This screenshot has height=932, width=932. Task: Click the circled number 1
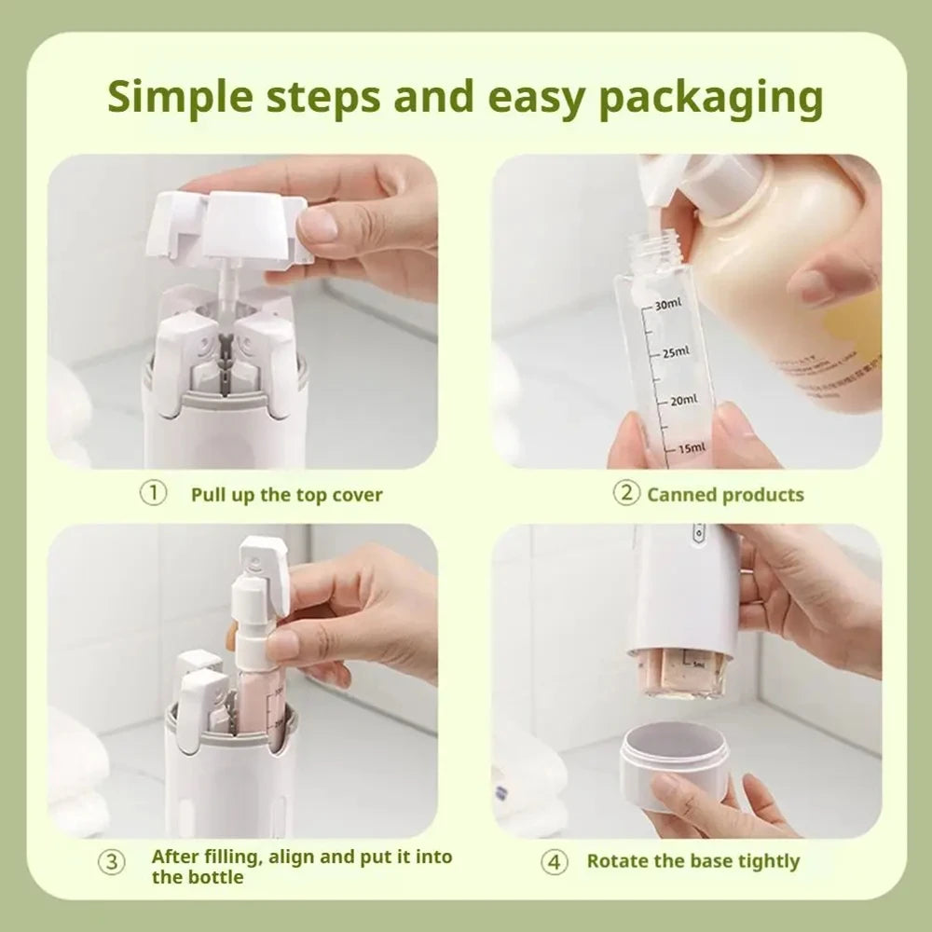[x=153, y=493]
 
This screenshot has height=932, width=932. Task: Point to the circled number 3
[x=112, y=862]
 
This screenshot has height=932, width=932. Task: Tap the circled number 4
[x=555, y=862]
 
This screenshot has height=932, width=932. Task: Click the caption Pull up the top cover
[x=287, y=495]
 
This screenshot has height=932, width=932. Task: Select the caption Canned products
[x=725, y=495]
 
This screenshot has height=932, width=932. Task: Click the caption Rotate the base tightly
[x=692, y=862]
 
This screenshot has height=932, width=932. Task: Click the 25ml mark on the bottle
[x=675, y=351]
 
